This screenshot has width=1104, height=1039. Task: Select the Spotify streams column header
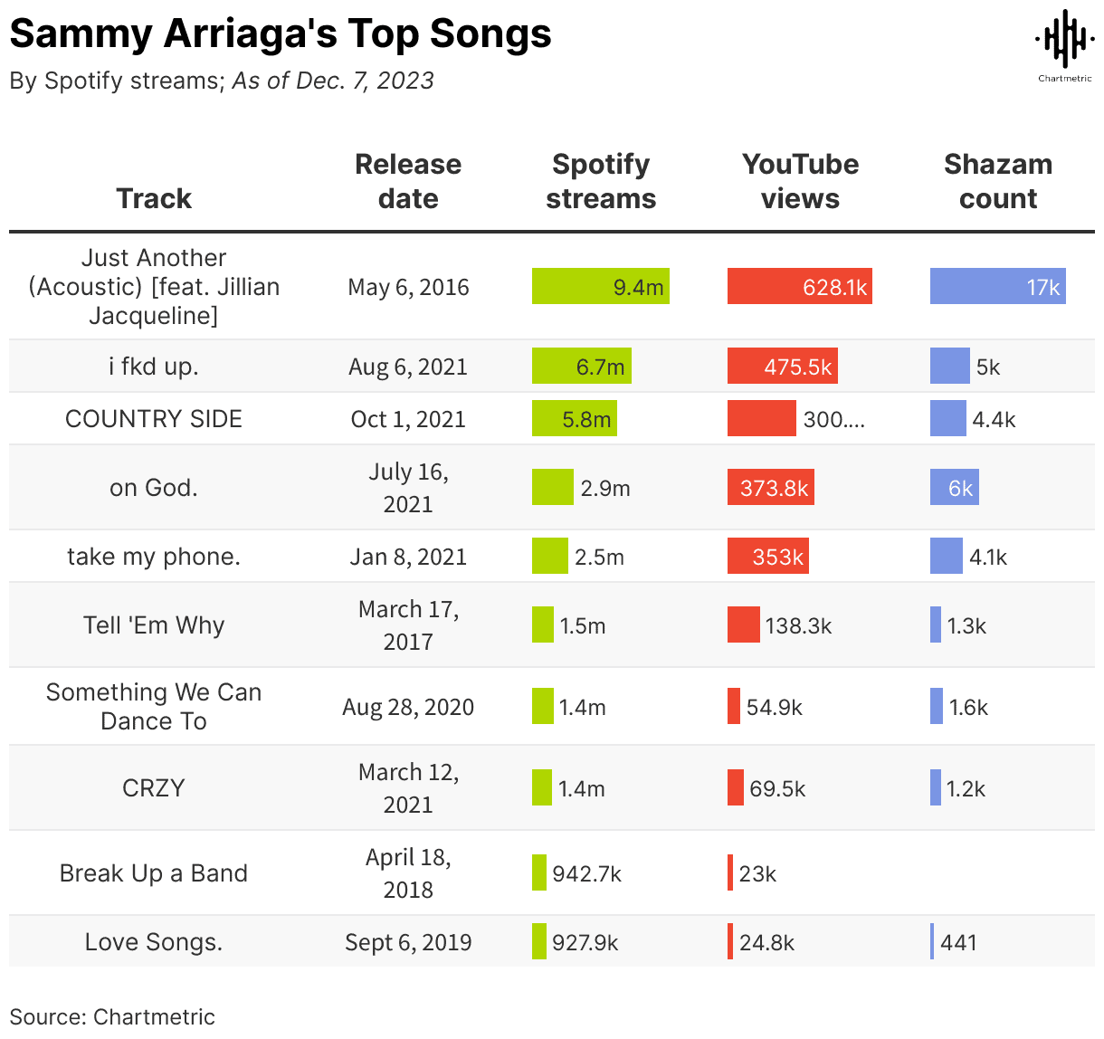(x=601, y=181)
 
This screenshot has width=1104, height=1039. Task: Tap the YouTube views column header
(x=800, y=181)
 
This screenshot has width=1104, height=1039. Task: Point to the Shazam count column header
(x=997, y=181)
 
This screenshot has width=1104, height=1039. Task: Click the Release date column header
(x=408, y=181)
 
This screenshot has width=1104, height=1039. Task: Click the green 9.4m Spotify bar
(x=600, y=286)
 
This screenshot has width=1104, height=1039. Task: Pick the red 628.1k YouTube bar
(x=799, y=286)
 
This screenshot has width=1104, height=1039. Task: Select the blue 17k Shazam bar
(x=997, y=286)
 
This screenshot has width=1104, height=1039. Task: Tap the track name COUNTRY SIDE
(x=154, y=419)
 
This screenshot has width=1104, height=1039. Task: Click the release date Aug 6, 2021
(x=408, y=367)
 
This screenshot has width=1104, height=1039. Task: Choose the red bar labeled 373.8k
(x=770, y=488)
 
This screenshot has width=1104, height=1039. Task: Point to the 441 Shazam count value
(x=958, y=942)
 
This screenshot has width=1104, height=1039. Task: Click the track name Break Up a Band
(x=154, y=873)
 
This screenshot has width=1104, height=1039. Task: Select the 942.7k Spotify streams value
(x=586, y=873)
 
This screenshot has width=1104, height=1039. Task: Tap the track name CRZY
(x=154, y=788)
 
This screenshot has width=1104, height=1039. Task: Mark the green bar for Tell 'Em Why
(x=543, y=624)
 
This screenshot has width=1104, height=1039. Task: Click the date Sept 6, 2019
(x=408, y=942)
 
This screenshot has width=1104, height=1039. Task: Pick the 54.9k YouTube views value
(x=774, y=707)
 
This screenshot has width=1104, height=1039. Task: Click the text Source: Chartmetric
(x=112, y=1016)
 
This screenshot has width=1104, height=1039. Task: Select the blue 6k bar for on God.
(x=954, y=488)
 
